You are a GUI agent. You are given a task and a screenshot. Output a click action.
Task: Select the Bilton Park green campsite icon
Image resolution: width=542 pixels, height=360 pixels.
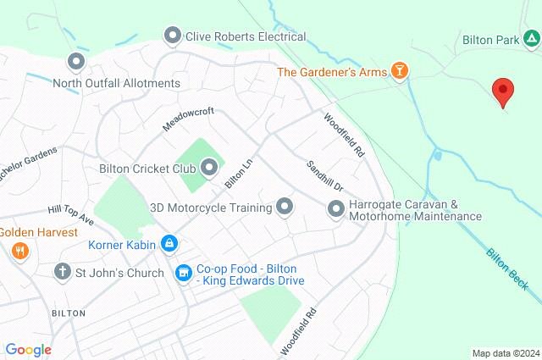click(530, 40)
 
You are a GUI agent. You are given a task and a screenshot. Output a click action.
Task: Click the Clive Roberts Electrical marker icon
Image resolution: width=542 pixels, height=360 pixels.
click(173, 36)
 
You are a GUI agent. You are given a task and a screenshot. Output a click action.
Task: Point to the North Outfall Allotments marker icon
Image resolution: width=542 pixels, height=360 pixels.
click(76, 62)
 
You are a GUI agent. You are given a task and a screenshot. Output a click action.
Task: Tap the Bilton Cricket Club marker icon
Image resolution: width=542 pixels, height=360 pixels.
click(209, 168)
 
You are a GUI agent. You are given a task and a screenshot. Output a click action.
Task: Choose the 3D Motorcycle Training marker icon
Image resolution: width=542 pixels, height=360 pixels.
click(285, 207)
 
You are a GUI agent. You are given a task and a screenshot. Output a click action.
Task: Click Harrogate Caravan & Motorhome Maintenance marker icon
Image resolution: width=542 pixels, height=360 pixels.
click(336, 208)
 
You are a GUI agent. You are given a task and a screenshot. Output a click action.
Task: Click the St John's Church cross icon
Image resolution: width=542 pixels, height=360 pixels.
click(62, 272)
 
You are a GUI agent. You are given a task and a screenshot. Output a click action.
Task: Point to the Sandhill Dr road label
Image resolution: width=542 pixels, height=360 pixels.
click(324, 174)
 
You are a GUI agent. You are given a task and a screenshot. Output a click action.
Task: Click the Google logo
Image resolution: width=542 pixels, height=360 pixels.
click(28, 350)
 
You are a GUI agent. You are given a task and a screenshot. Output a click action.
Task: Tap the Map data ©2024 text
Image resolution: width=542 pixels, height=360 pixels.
click(505, 353)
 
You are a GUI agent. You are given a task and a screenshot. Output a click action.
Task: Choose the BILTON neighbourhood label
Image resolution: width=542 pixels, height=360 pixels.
click(68, 313)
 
